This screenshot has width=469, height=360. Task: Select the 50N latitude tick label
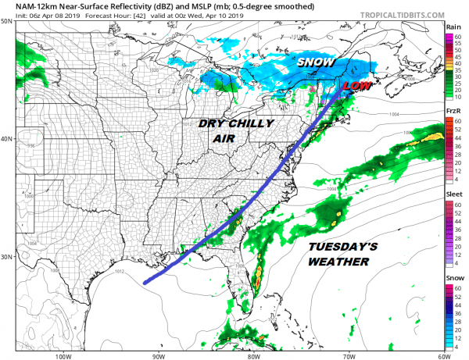[6, 23]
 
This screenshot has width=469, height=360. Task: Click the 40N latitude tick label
[6, 139]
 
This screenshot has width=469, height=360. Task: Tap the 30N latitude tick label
[6, 257]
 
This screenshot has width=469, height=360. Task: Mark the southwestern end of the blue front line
[145, 282]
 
